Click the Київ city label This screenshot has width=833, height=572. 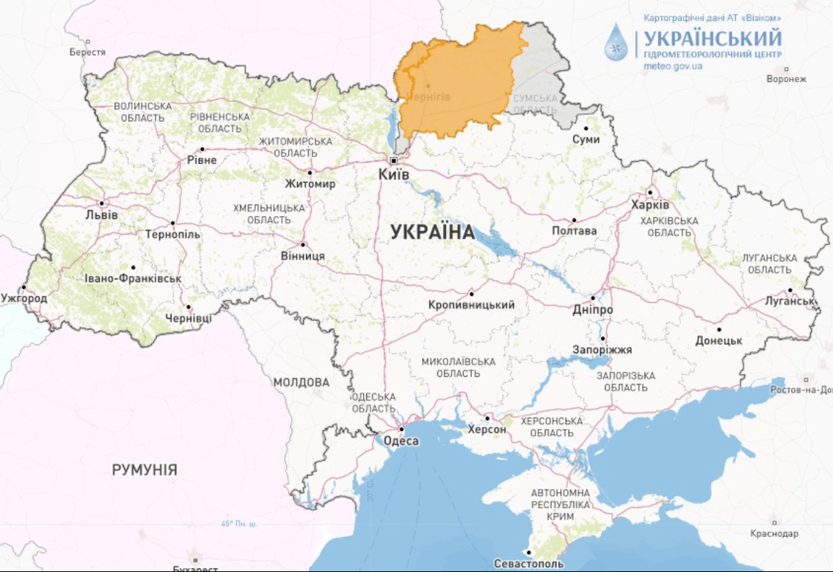(x=394, y=174)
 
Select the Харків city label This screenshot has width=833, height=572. (x=650, y=205)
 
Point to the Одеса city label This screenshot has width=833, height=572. (x=401, y=441)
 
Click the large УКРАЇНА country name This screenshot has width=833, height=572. (x=433, y=232)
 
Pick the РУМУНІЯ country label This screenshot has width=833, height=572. (x=144, y=470)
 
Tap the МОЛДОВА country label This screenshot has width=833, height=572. (x=301, y=383)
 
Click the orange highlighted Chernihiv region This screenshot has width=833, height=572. (x=454, y=82)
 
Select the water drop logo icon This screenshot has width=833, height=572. (x=616, y=42)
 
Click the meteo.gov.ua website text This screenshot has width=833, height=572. (x=673, y=66)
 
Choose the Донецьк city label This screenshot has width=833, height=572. (x=718, y=340)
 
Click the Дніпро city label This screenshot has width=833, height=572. (x=593, y=309)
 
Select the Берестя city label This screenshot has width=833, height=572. (x=87, y=52)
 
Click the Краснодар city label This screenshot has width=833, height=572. (x=774, y=533)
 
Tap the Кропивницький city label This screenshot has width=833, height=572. (x=472, y=305)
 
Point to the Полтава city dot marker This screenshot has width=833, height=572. (x=574, y=220)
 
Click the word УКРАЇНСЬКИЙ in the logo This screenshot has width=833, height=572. (x=712, y=38)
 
